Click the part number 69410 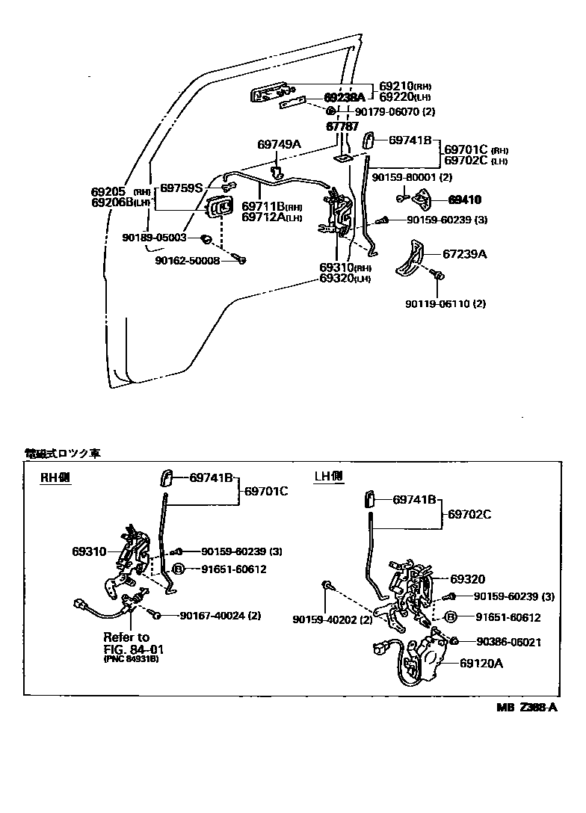pos(465,200)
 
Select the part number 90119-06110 pos(438,303)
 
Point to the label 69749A pos(279,144)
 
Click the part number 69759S pos(182,188)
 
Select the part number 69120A pos(481,662)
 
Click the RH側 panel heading pos(55,477)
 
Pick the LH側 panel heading pos(328,476)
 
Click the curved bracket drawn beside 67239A pos(408,259)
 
